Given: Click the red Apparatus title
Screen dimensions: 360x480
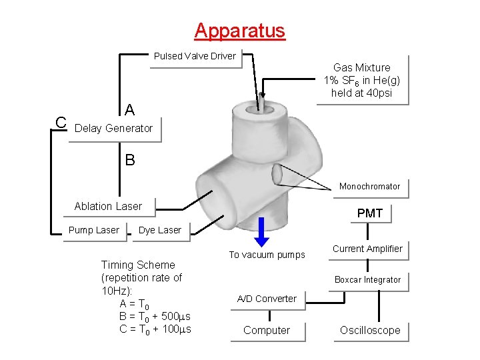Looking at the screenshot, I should coord(239,31).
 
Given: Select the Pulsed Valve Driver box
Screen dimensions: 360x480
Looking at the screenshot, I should coord(195,56).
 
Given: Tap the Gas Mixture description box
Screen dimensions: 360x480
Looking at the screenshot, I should coord(362,80).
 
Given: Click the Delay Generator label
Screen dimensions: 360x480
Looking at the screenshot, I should coord(114,128).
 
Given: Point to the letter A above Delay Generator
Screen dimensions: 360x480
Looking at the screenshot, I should coord(130,109).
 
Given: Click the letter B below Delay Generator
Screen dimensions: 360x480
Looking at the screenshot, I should coord(130,160).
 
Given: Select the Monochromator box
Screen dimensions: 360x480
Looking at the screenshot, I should coord(369,187).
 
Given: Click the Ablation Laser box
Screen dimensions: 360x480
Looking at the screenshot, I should coord(108,207).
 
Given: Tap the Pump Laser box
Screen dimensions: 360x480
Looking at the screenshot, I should coord(94,231).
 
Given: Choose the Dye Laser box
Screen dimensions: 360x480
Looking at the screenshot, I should coord(159,231).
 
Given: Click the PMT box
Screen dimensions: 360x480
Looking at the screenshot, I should coord(369,213).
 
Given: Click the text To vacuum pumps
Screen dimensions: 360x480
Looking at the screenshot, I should coord(267,255).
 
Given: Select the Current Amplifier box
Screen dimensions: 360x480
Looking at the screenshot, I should coord(367,249).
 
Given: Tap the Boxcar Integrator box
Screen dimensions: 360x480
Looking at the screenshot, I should coord(367,280).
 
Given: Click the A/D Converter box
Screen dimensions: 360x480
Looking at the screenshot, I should coord(267,299).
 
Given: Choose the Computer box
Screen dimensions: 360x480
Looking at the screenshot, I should coord(267,331).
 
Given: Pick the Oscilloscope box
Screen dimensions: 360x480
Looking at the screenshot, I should coord(370,331).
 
